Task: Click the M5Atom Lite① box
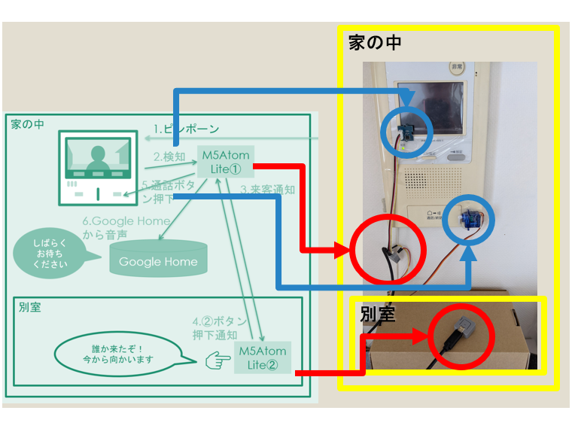pos(225,161)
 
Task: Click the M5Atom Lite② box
pos(262,357)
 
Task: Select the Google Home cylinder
pos(158,259)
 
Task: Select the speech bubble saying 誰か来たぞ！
pos(117,354)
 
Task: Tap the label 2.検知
pos(169,157)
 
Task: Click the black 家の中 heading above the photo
pos(375,42)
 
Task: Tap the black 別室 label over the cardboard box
pos(379,315)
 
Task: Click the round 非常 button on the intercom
pos(457,68)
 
